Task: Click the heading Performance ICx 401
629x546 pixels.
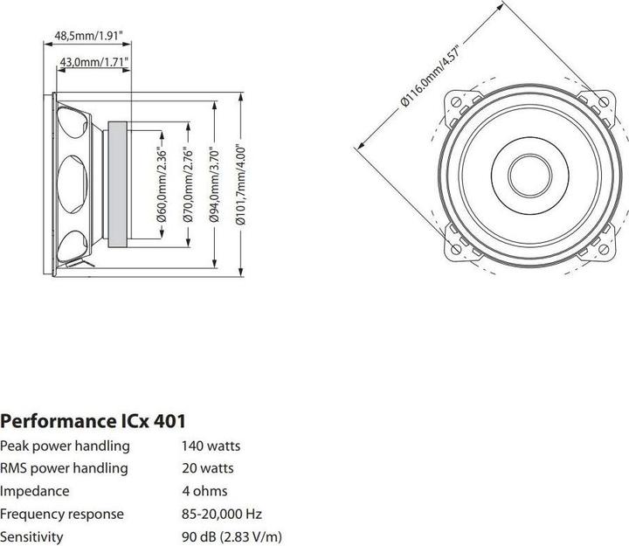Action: coord(93,421)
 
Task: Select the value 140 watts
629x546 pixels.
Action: coord(211,446)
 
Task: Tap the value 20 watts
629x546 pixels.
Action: coord(207,468)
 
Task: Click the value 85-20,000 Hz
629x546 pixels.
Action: coord(221,514)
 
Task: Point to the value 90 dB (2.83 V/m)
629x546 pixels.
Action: coord(232,536)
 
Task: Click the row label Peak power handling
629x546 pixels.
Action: coord(65,446)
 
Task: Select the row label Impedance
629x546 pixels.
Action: coord(35,491)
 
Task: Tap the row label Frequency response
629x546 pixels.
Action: coord(61,514)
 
